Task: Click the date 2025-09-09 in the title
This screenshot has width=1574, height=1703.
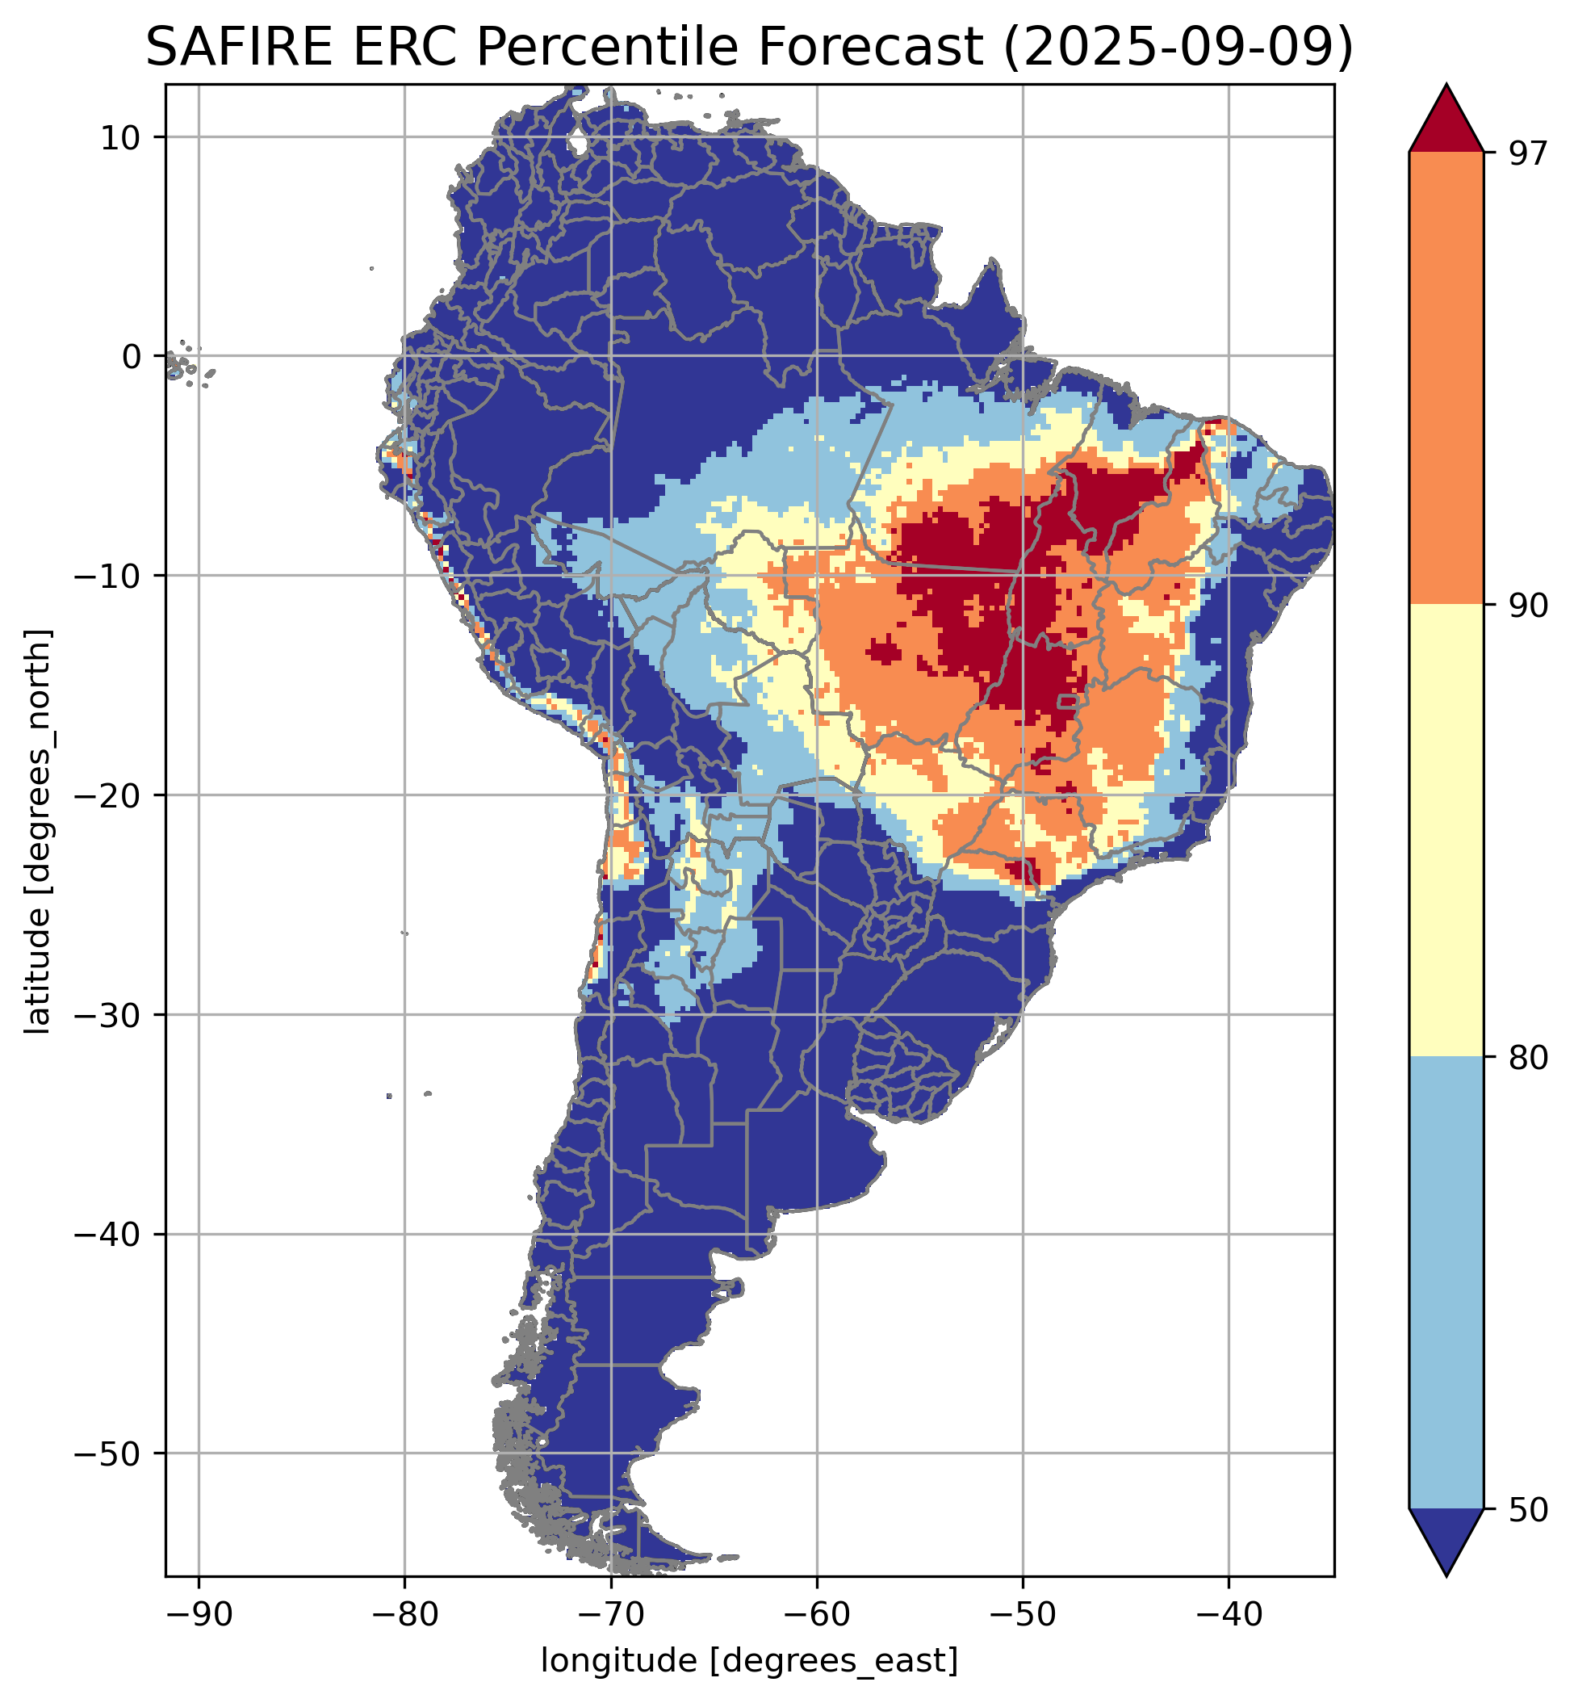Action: coord(1178,48)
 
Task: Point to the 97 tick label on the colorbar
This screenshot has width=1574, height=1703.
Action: coord(1526,153)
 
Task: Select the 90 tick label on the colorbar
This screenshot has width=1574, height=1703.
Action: coord(1526,606)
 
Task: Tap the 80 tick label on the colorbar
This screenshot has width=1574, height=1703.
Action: coord(1526,1058)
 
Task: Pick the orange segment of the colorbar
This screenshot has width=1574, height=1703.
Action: coord(1446,379)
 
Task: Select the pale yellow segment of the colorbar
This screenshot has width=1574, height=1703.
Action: coord(1446,831)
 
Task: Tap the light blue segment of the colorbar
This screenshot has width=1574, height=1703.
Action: coord(1446,1282)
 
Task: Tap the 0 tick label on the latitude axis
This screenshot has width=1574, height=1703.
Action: coord(130,357)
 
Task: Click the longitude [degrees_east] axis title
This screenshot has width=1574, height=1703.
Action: coord(750,1659)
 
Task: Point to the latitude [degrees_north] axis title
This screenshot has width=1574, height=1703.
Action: coord(38,832)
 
